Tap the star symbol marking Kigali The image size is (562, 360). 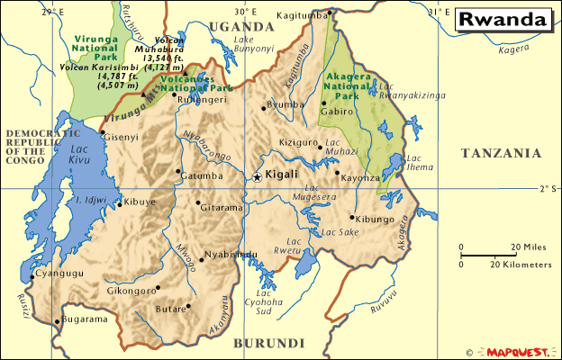[x=257, y=176]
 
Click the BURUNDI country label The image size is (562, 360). [x=268, y=343]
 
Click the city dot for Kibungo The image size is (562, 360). [x=352, y=216]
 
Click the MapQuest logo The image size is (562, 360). [x=517, y=352]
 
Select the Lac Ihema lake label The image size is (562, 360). [x=420, y=163]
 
